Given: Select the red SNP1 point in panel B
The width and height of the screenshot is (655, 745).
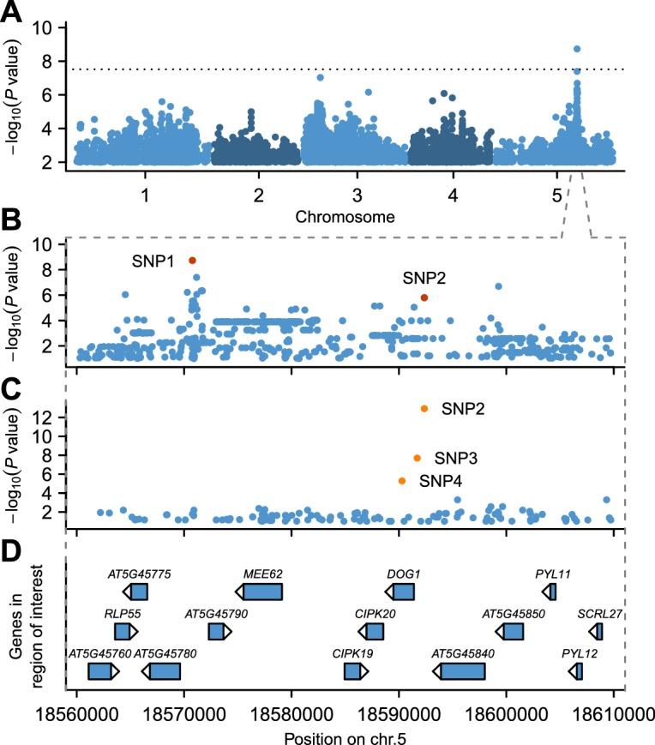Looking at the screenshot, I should point(193,260).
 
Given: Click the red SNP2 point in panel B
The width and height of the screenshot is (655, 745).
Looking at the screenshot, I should point(424,297).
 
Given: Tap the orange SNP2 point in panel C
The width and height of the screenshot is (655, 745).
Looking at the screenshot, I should point(424,408).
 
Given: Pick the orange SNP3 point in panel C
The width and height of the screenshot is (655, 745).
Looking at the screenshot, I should point(418,458).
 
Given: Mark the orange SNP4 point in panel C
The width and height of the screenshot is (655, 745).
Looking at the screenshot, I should point(402,481).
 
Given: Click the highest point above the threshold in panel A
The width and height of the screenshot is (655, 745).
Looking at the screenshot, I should point(577,49).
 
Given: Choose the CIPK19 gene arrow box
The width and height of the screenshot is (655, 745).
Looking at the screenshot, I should point(353,670).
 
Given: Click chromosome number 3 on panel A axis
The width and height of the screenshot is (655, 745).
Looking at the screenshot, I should point(356,195).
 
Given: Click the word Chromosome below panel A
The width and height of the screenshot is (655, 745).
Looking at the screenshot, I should point(346,217).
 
